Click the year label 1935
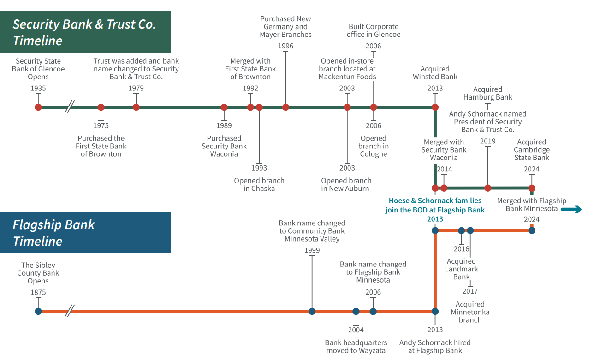[x=38, y=88]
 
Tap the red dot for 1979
[x=136, y=107]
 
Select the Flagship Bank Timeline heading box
[x=85, y=232]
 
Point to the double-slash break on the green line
[x=69, y=107]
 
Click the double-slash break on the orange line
[x=69, y=311]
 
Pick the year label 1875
[x=38, y=292]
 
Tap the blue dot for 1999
[x=312, y=311]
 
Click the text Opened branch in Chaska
[x=259, y=184]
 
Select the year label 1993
[x=259, y=168]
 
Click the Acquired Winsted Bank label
[x=435, y=73]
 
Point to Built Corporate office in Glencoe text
[x=374, y=30]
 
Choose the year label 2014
[x=445, y=169]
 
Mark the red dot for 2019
[x=488, y=188]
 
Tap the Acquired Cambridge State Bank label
[x=532, y=150]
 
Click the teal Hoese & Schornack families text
[x=435, y=205]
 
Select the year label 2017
[x=470, y=291]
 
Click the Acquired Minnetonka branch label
[x=470, y=312]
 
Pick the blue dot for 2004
[x=356, y=311]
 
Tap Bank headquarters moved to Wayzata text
[x=356, y=347]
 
